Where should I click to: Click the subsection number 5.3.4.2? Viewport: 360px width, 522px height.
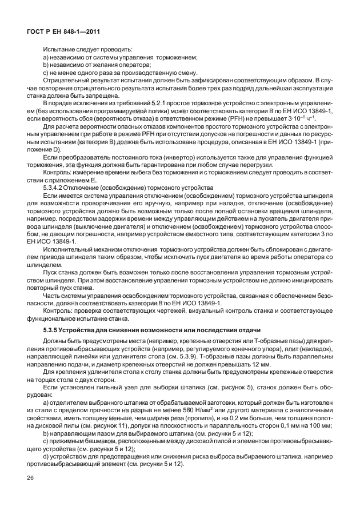pos(57,187)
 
